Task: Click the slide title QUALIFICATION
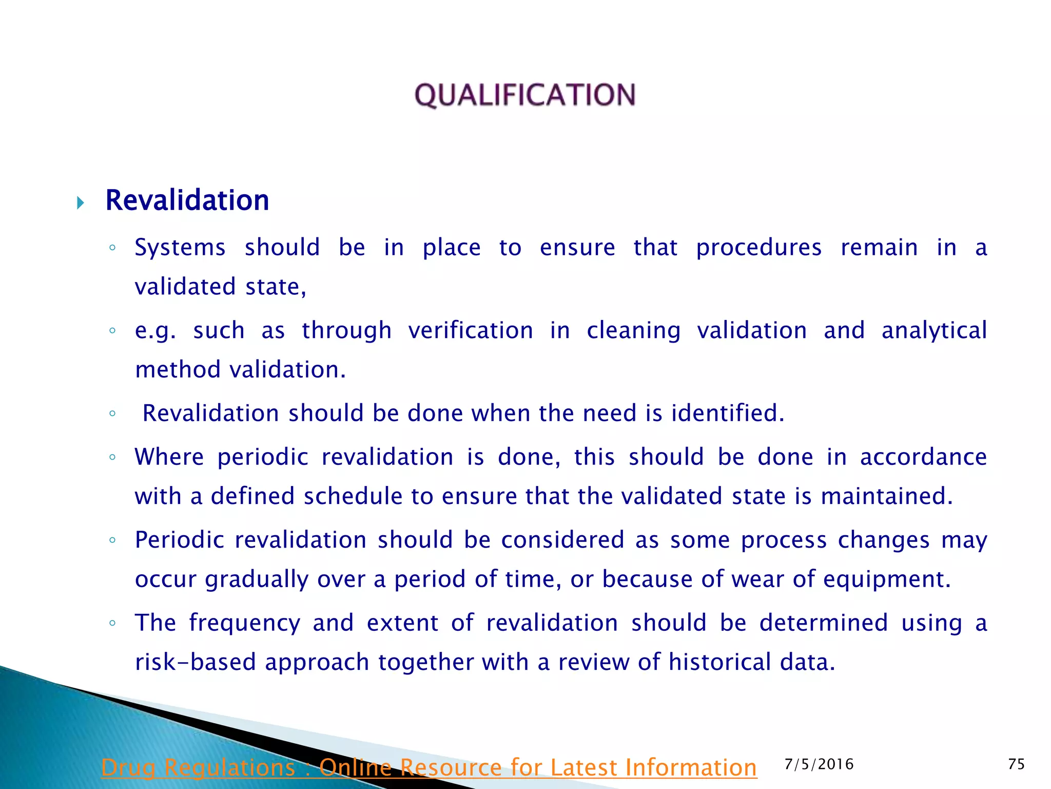point(525,95)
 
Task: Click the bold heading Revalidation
point(187,200)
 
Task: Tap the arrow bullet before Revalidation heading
point(81,202)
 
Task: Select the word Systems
point(180,248)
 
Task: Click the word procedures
point(758,248)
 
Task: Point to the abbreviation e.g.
point(154,331)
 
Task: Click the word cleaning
point(633,331)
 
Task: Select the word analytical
point(934,331)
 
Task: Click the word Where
point(169,457)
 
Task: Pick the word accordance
point(923,457)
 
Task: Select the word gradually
point(257,580)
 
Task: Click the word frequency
point(244,624)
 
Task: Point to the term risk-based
point(195,663)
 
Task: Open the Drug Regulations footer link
point(429,768)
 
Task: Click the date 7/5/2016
point(819,764)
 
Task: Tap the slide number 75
point(1016,764)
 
